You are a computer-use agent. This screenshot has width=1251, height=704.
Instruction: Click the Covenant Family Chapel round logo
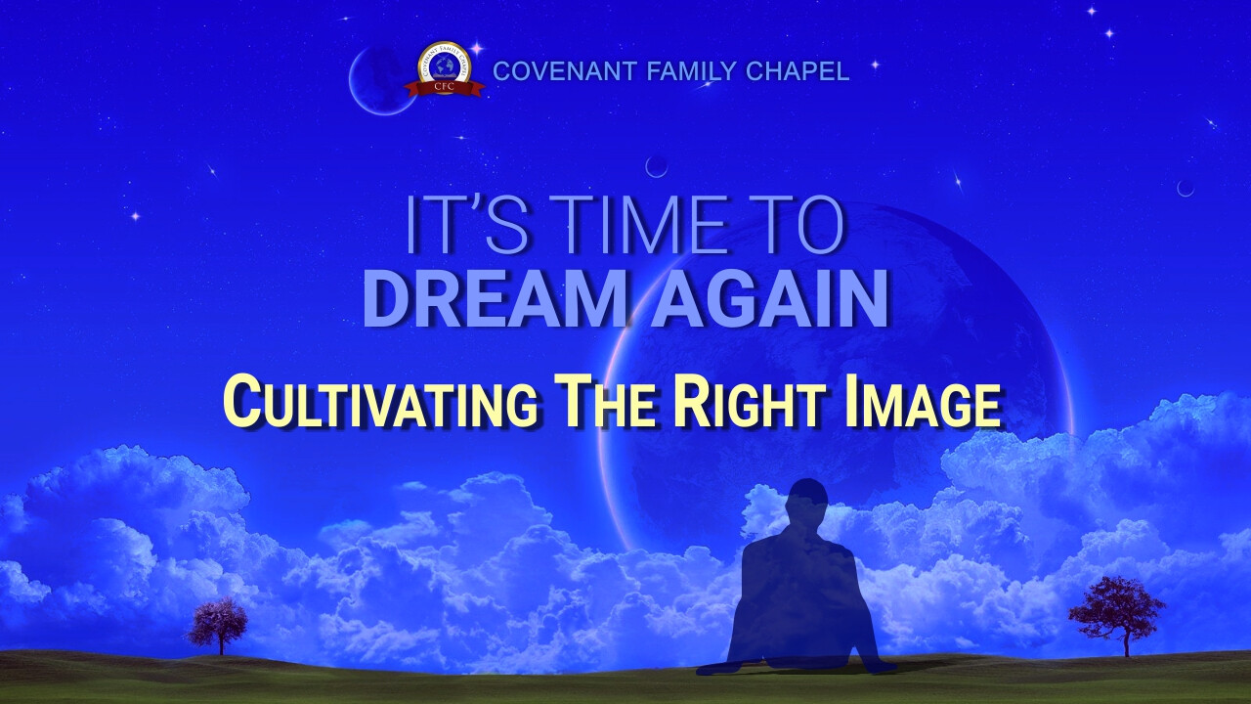coord(445,69)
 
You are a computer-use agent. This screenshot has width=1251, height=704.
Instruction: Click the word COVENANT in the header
coord(565,71)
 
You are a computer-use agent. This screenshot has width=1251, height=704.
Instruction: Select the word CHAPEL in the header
coord(798,71)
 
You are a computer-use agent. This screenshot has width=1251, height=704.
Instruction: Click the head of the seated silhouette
coord(805,501)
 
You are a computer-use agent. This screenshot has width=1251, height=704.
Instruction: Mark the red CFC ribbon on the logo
coord(445,87)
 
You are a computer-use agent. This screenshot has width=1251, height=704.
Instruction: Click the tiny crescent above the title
coord(656,166)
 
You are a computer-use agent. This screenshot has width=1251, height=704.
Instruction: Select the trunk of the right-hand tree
coord(1127,644)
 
